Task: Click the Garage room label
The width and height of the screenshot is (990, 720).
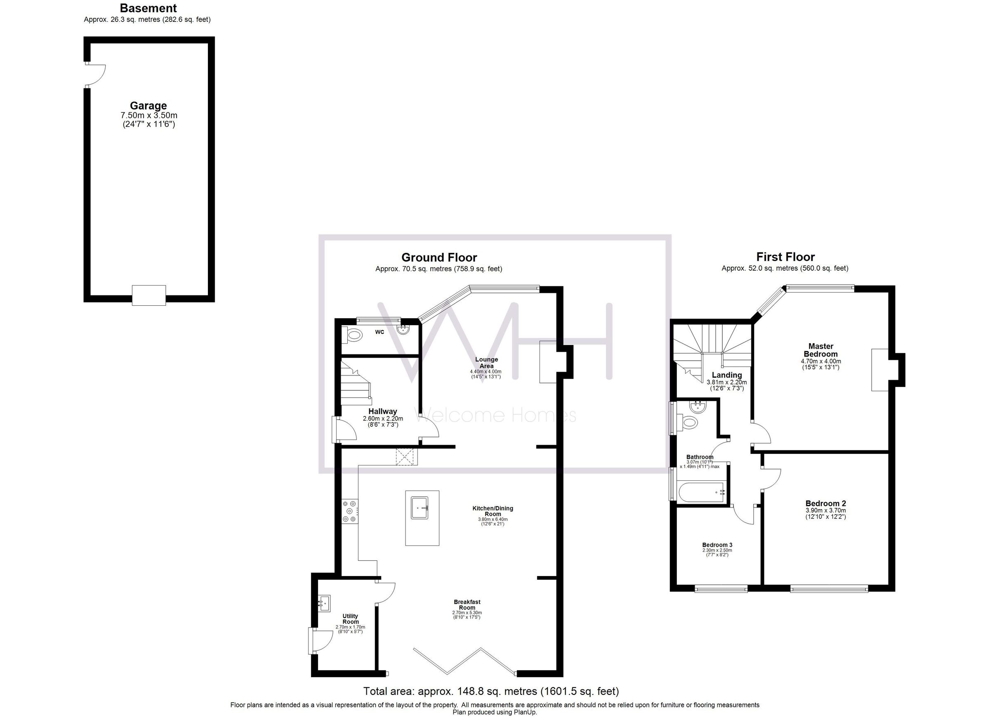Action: coord(148,106)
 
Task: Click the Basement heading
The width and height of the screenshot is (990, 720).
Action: coord(148,8)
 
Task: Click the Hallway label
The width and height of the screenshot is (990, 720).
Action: coord(382,411)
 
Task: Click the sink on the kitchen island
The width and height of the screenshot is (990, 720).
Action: coord(422,508)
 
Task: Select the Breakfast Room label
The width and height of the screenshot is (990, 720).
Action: coord(467,605)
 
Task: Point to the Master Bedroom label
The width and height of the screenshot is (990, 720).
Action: coord(820,350)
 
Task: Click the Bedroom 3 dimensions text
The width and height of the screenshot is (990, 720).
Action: coord(717,552)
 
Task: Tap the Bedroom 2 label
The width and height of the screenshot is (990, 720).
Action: coord(825,503)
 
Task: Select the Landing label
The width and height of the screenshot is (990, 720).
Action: coord(727,375)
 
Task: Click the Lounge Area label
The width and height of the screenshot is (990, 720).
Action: coord(486,363)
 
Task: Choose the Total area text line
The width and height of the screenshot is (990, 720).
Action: coord(491,691)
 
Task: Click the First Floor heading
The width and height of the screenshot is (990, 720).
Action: coord(785,257)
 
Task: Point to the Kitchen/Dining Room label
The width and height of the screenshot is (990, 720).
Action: coord(493,511)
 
